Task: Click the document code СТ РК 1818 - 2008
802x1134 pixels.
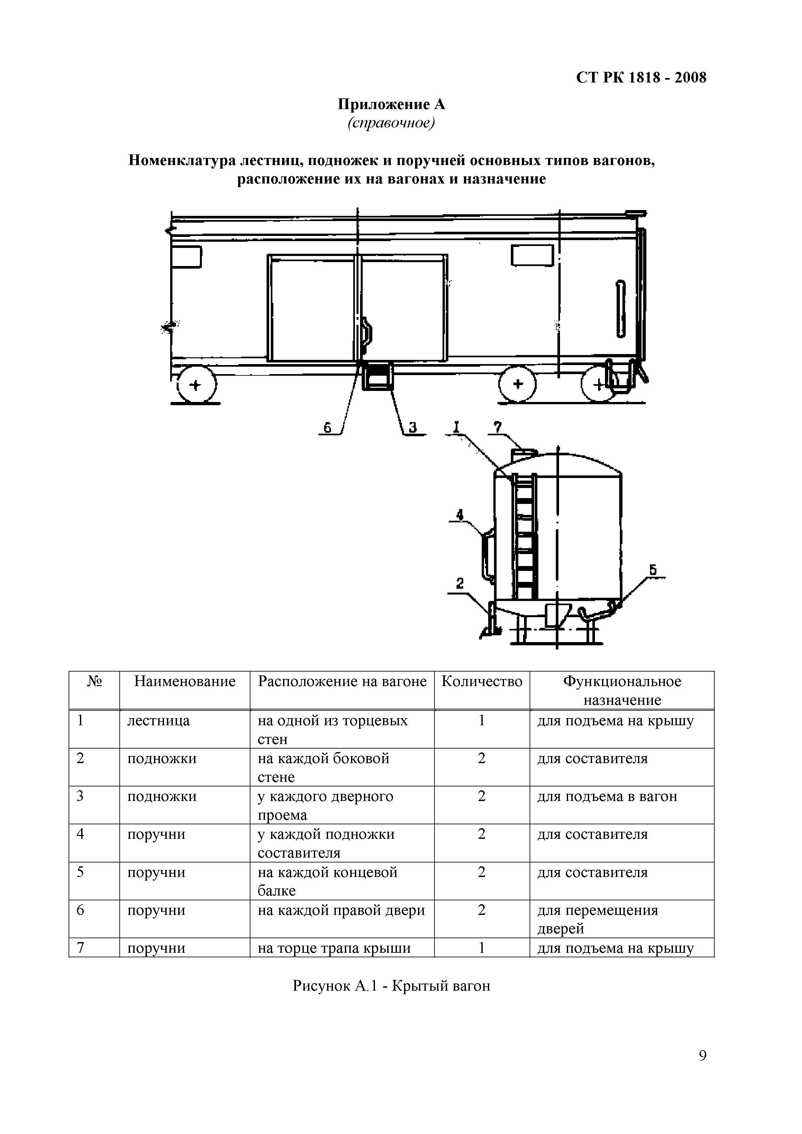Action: point(641,78)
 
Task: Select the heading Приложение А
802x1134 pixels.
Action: point(391,105)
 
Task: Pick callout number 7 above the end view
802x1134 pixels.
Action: point(497,427)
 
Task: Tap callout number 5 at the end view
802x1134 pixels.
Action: point(653,570)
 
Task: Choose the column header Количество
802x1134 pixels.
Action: point(481,682)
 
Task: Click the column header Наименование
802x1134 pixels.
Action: point(185,682)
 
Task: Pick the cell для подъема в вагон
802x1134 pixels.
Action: point(607,797)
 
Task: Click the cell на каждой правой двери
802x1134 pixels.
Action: point(341,910)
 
